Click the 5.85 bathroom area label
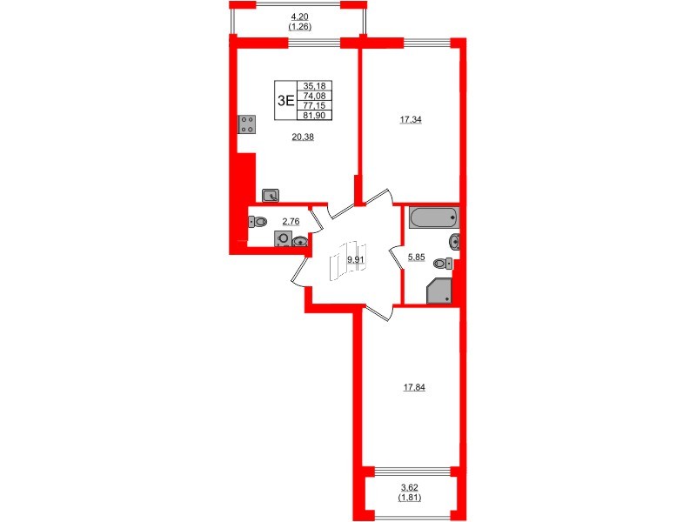418,257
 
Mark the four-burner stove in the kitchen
245,124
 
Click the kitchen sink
270,196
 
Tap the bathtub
433,217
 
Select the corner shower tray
439,292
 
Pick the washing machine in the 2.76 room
283,239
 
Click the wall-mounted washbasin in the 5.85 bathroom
453,241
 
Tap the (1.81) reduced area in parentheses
410,498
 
